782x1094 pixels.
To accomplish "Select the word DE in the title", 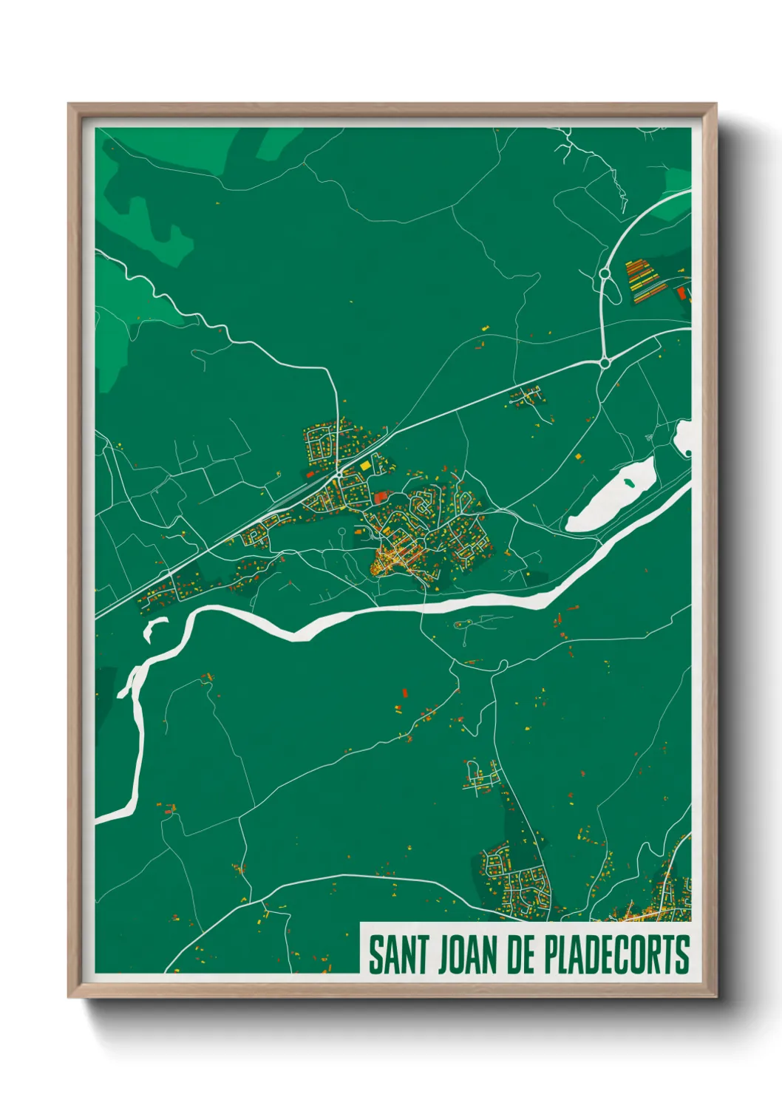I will (x=520, y=954).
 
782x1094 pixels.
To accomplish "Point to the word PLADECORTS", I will (x=616, y=954).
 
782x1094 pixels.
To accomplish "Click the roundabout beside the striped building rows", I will (x=605, y=273).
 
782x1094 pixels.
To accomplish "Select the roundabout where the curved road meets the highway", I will (x=605, y=362).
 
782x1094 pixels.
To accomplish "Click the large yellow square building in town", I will (x=365, y=466).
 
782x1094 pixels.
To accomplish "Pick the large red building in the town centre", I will (x=381, y=497).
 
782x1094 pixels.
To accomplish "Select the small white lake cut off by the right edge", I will (x=684, y=437).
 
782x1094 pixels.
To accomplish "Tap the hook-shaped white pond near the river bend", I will (x=154, y=629).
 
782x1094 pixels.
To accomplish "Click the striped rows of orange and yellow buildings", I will (x=640, y=281).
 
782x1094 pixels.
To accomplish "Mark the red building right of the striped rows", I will (x=681, y=293).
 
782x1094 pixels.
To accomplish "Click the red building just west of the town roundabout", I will (x=311, y=474).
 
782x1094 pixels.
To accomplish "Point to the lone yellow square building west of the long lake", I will (x=579, y=458).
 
